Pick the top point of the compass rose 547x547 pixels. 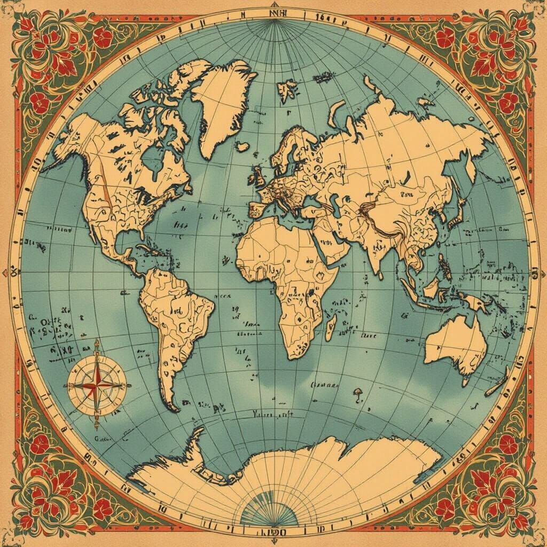point(97,342)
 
